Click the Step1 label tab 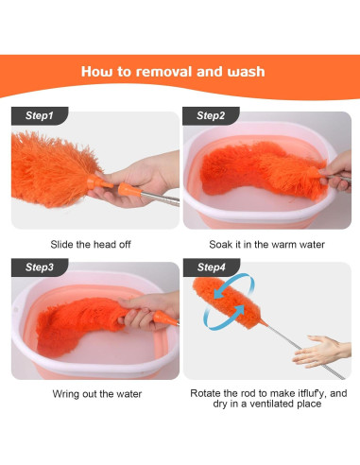pyautogui.click(x=40, y=115)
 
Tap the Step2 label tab pyautogui.click(x=211, y=115)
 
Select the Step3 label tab pyautogui.click(x=40, y=267)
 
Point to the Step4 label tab pyautogui.click(x=212, y=267)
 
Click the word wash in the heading pyautogui.click(x=246, y=72)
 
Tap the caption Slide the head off pyautogui.click(x=91, y=244)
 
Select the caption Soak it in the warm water pyautogui.click(x=266, y=244)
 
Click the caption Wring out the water pyautogui.click(x=97, y=394)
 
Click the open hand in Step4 pyautogui.click(x=321, y=352)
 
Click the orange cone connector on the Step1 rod pyautogui.click(x=129, y=190)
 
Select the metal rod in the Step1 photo pyautogui.click(x=160, y=199)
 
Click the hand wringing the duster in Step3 pyautogui.click(x=148, y=310)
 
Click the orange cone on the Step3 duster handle pyautogui.click(x=165, y=319)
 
